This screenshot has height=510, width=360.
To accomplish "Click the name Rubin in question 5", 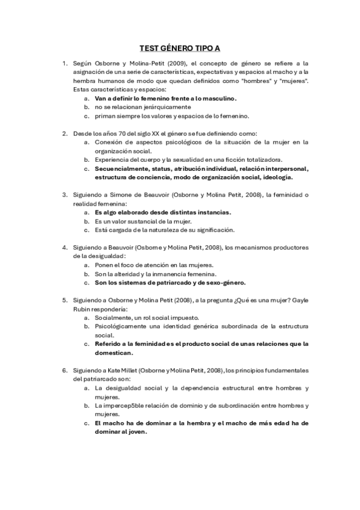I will tap(83, 308).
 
